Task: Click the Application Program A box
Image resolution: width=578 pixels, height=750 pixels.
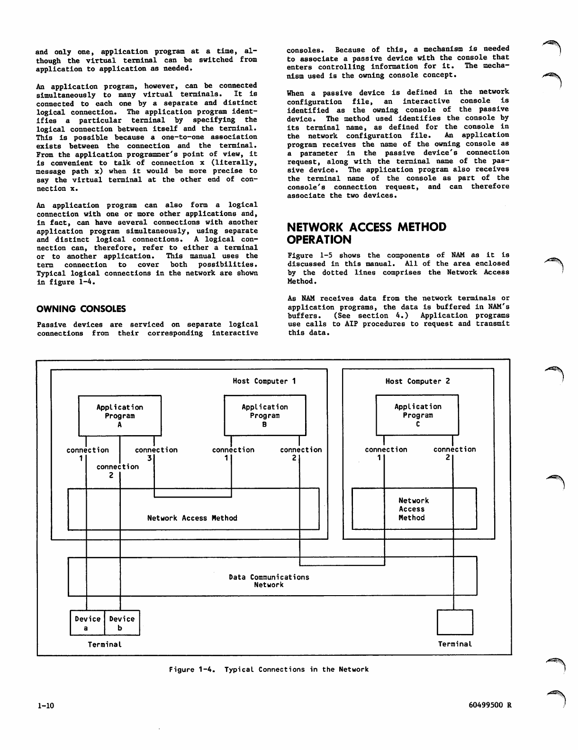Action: click(x=120, y=416)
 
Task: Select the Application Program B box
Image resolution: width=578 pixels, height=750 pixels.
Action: click(x=265, y=415)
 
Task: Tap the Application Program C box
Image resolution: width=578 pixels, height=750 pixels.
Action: click(x=417, y=415)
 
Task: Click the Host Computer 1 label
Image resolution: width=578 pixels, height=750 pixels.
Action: click(x=264, y=381)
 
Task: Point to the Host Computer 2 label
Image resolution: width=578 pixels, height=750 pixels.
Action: click(x=417, y=381)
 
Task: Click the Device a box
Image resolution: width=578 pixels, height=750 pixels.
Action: click(x=88, y=623)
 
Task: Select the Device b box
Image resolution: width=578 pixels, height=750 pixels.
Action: click(x=122, y=623)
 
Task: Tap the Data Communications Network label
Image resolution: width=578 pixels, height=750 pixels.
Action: click(x=269, y=581)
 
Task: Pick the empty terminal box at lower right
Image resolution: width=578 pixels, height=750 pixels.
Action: click(x=455, y=622)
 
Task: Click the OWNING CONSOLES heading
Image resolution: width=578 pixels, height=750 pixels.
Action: click(x=81, y=309)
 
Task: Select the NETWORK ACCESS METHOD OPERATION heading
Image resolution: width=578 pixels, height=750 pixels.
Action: click(x=367, y=233)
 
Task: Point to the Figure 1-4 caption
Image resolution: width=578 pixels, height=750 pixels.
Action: click(x=269, y=670)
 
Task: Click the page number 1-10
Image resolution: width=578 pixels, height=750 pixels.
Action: click(x=46, y=705)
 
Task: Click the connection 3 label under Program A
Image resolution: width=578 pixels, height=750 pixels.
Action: click(x=156, y=453)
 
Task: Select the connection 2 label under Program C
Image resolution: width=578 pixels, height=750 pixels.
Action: click(x=454, y=453)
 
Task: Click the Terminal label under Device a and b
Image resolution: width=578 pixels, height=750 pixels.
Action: click(x=105, y=644)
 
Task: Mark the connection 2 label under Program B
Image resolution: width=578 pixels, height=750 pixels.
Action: click(x=300, y=453)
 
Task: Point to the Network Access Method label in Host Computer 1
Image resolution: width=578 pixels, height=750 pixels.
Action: click(x=192, y=518)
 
